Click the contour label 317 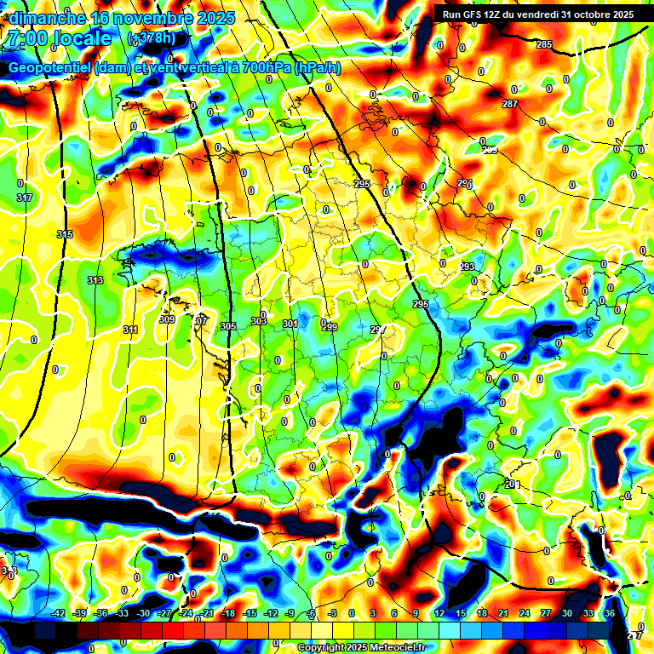pyautogui.click(x=24, y=198)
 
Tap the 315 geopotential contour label pyautogui.click(x=65, y=234)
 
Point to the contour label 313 pyautogui.click(x=95, y=280)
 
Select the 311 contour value pyautogui.click(x=130, y=330)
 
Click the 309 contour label pyautogui.click(x=167, y=320)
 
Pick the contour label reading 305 pyautogui.click(x=227, y=326)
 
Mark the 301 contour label pyautogui.click(x=290, y=324)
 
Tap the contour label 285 pyautogui.click(x=544, y=44)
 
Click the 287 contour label pyautogui.click(x=510, y=104)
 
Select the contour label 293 pyautogui.click(x=468, y=267)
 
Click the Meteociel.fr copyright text pyautogui.click(x=361, y=648)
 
